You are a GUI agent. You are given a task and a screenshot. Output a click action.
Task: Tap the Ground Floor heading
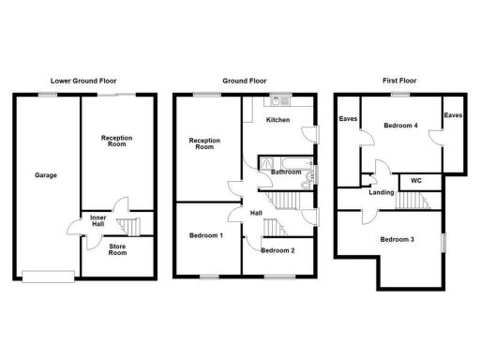241,81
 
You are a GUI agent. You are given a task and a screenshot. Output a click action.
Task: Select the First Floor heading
403,81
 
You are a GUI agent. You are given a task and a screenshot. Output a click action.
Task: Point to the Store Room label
117,251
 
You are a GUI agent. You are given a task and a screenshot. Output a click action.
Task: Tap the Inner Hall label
97,223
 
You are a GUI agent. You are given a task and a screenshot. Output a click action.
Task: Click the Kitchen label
278,121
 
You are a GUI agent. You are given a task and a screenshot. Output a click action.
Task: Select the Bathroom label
285,172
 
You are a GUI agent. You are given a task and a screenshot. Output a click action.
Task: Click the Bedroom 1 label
205,234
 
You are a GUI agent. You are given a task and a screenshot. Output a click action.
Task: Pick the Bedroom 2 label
278,250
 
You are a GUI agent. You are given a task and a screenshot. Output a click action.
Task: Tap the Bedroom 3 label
397,239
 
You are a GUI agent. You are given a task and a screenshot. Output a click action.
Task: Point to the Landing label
382,192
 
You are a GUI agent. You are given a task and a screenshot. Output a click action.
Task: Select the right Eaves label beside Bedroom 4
453,115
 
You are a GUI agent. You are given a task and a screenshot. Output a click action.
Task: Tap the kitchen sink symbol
277,100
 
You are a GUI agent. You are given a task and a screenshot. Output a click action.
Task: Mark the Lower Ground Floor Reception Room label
117,142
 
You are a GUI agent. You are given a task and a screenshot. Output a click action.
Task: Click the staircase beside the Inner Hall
131,226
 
